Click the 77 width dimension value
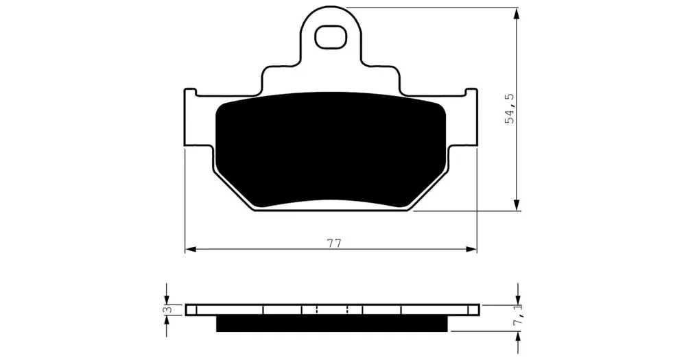point(334,243)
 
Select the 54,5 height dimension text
point(510,108)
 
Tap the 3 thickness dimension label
point(166,310)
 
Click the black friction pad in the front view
point(331,149)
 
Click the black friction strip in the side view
point(332,324)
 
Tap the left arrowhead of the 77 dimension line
point(190,250)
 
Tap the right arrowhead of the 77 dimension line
point(472,250)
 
